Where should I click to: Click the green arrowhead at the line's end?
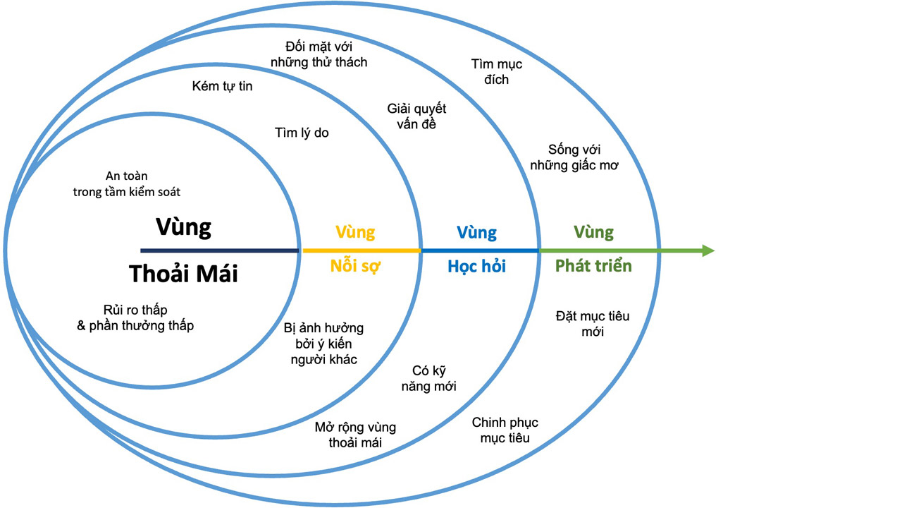[708, 250]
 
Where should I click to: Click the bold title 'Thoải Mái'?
[183, 274]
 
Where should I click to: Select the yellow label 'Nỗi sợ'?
[355, 267]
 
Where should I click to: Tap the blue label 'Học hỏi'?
[476, 267]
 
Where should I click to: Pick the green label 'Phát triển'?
[593, 266]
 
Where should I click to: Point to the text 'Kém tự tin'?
[222, 87]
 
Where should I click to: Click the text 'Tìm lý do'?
[302, 133]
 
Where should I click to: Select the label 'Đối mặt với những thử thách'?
[319, 54]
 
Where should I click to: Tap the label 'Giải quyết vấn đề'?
[416, 116]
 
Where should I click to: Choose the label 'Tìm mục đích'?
[497, 72]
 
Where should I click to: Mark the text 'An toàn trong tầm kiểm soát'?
[131, 183]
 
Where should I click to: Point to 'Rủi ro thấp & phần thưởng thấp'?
[135, 317]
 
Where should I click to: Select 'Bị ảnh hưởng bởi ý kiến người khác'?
[324, 344]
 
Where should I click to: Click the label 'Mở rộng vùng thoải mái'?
[355, 435]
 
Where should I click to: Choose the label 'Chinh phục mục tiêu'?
[505, 430]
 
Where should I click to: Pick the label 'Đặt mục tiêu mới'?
[593, 324]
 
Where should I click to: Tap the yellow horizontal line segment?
[362, 250]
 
